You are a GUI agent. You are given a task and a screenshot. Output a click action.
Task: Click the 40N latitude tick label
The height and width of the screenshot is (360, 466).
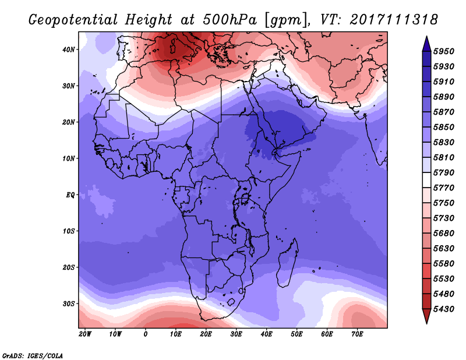click(x=68, y=50)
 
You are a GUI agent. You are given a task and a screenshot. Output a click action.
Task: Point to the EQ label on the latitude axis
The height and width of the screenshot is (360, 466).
click(x=70, y=195)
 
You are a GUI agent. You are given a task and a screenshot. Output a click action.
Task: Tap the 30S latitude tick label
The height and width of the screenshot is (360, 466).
click(x=68, y=304)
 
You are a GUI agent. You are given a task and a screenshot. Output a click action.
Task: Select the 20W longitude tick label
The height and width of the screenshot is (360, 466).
click(x=85, y=334)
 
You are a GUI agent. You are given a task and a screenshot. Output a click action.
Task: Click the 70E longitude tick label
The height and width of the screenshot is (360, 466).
click(x=357, y=334)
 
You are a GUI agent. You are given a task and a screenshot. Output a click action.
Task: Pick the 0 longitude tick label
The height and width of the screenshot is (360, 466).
click(x=145, y=334)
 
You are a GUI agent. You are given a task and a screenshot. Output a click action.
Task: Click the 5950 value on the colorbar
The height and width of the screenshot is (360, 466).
click(x=443, y=51)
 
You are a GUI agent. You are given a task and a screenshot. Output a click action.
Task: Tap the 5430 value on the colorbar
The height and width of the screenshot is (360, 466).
click(x=443, y=309)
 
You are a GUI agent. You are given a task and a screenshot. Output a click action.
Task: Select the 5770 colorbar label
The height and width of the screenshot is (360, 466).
click(x=443, y=188)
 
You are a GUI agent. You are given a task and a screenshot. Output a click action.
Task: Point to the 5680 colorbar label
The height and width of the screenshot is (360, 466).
click(x=443, y=234)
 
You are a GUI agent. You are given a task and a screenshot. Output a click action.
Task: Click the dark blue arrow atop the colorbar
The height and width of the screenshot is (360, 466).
click(x=426, y=44)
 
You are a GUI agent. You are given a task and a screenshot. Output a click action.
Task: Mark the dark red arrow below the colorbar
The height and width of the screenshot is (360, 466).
click(x=426, y=316)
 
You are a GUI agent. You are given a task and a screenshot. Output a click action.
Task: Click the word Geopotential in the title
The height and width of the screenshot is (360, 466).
click(x=73, y=20)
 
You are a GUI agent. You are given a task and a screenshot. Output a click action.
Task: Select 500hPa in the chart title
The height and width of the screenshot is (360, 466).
click(x=230, y=20)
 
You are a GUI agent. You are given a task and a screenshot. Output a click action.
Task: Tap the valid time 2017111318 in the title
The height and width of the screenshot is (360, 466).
click(x=394, y=20)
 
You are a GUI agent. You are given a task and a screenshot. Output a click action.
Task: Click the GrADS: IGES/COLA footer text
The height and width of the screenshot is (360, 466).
click(x=33, y=356)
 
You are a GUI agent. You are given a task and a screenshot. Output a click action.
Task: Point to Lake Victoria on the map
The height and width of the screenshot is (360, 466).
click(x=245, y=198)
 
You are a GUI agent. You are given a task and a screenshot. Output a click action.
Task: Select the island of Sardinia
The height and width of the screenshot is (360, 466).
click(x=172, y=48)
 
